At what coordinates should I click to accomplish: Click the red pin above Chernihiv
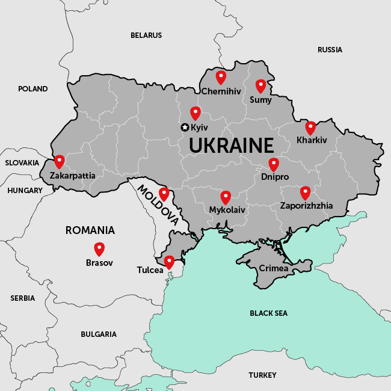221,77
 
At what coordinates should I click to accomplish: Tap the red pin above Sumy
260,85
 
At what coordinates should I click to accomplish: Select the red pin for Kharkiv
310,128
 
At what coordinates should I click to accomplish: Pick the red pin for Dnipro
274,164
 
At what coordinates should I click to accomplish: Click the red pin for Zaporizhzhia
305,192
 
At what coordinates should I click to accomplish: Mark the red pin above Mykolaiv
226,197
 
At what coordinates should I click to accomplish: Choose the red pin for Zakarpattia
59,161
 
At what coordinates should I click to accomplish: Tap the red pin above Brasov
99,248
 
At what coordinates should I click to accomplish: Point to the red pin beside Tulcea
169,262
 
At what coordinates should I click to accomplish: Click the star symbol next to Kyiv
185,127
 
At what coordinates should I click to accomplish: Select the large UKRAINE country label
231,146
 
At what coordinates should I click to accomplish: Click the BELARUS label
146,35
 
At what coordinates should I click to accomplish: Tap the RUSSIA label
330,50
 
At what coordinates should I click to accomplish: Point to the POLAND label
32,89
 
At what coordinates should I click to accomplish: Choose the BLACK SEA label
268,313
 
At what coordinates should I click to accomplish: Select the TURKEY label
262,375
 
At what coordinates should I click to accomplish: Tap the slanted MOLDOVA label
158,205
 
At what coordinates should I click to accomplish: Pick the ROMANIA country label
90,230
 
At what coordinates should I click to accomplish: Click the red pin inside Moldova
164,194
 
